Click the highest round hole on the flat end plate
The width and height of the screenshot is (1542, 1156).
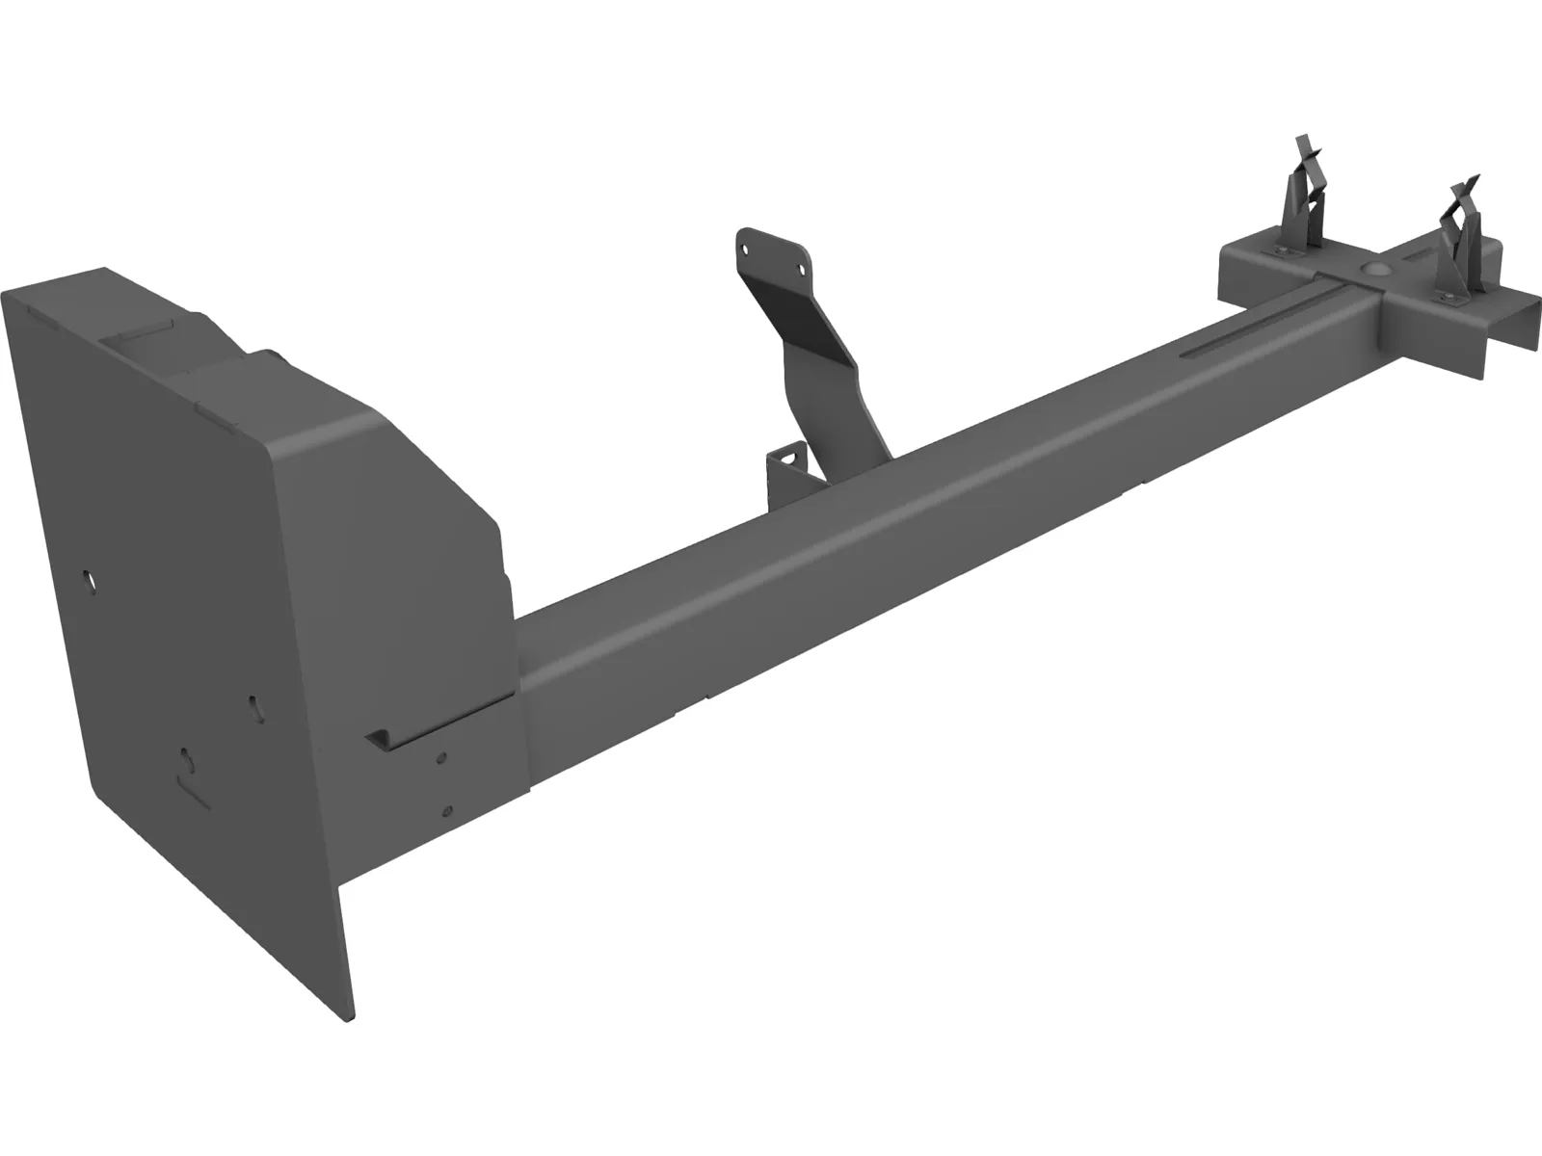tap(89, 581)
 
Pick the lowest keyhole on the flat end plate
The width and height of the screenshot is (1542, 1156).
tap(188, 761)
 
